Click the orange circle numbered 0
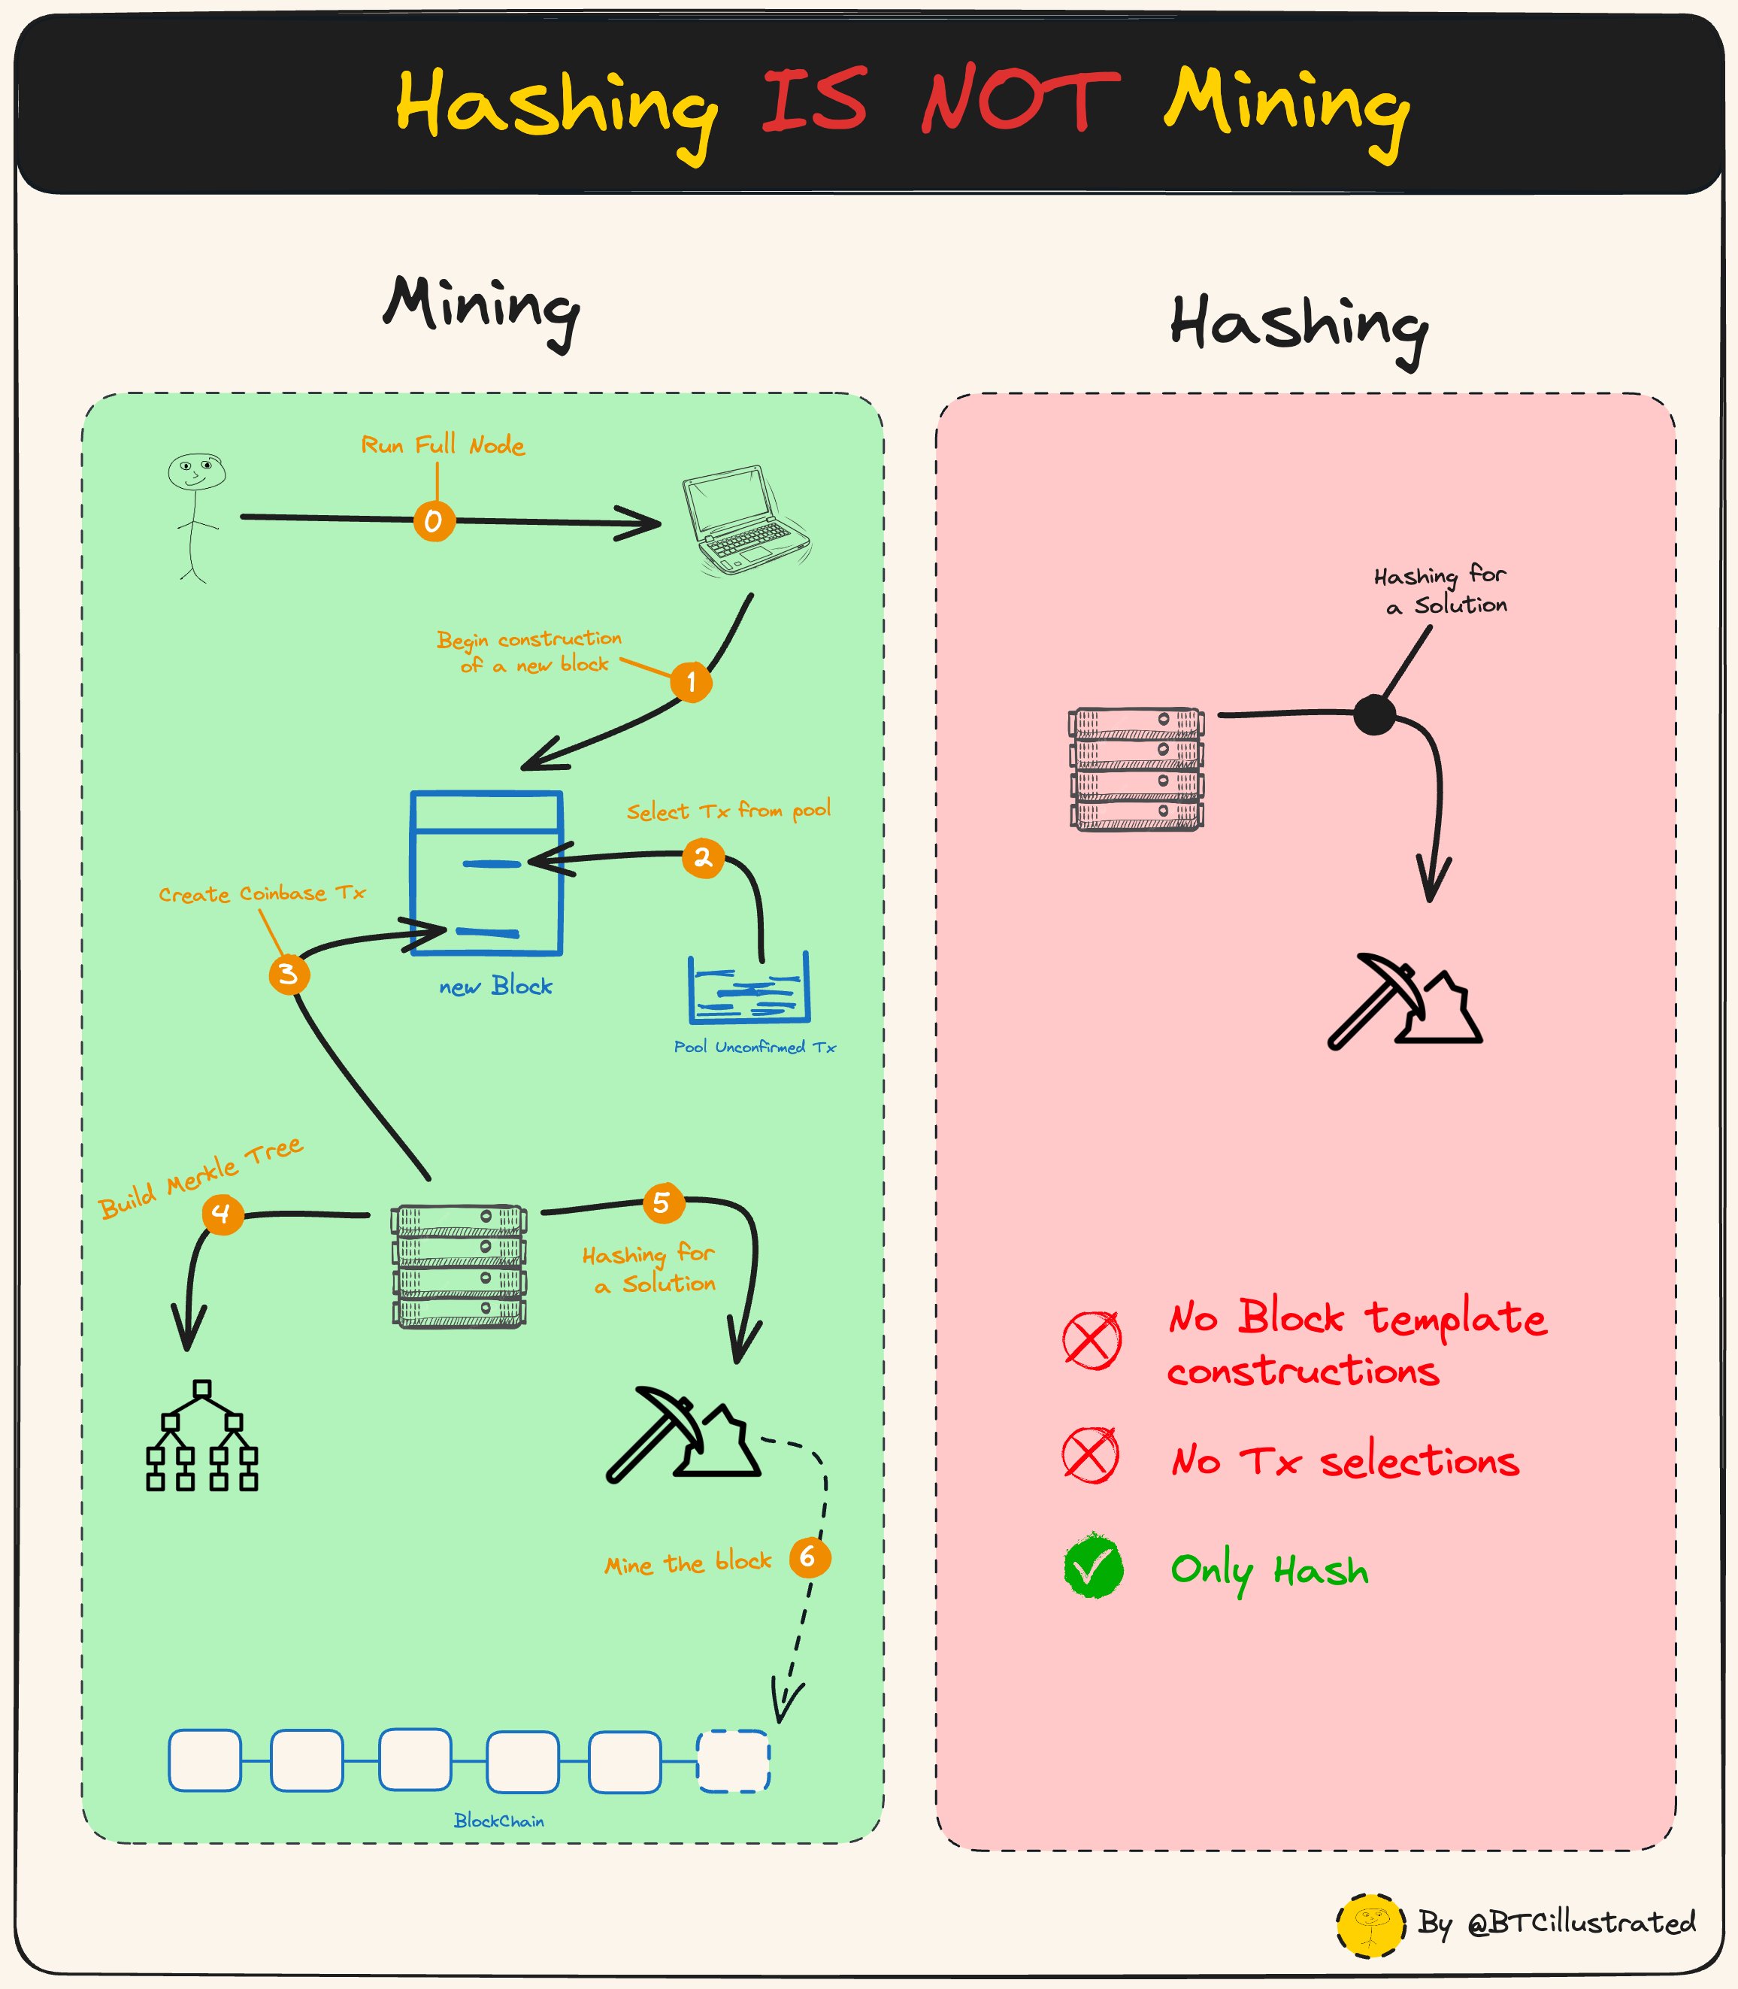[434, 521]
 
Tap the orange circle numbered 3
[289, 974]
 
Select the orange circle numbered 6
[809, 1557]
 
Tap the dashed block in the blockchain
[733, 1760]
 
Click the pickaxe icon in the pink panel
[1403, 1002]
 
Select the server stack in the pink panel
[1137, 769]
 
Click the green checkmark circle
[1093, 1567]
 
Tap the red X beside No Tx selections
[1091, 1455]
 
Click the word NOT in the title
[1020, 102]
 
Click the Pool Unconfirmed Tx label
[755, 1047]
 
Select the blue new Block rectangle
[486, 873]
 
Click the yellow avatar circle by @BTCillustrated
[1370, 1925]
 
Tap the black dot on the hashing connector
[1374, 715]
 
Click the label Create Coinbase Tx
[262, 893]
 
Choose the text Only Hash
[1269, 1570]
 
